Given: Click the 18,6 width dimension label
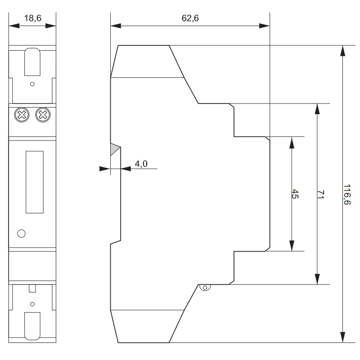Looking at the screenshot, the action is [32, 18].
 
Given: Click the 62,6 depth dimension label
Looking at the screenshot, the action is [190, 18].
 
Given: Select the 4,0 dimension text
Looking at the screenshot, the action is [141, 164].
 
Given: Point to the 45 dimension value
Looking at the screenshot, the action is [295, 194].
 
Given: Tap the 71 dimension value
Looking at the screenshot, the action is [321, 194].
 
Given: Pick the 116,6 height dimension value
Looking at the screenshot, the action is [347, 194].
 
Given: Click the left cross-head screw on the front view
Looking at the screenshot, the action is [22, 115].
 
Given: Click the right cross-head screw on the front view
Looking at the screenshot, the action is [43, 115].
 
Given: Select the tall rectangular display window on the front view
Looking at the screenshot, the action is [35, 182].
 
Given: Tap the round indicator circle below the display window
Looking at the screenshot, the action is [21, 234].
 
